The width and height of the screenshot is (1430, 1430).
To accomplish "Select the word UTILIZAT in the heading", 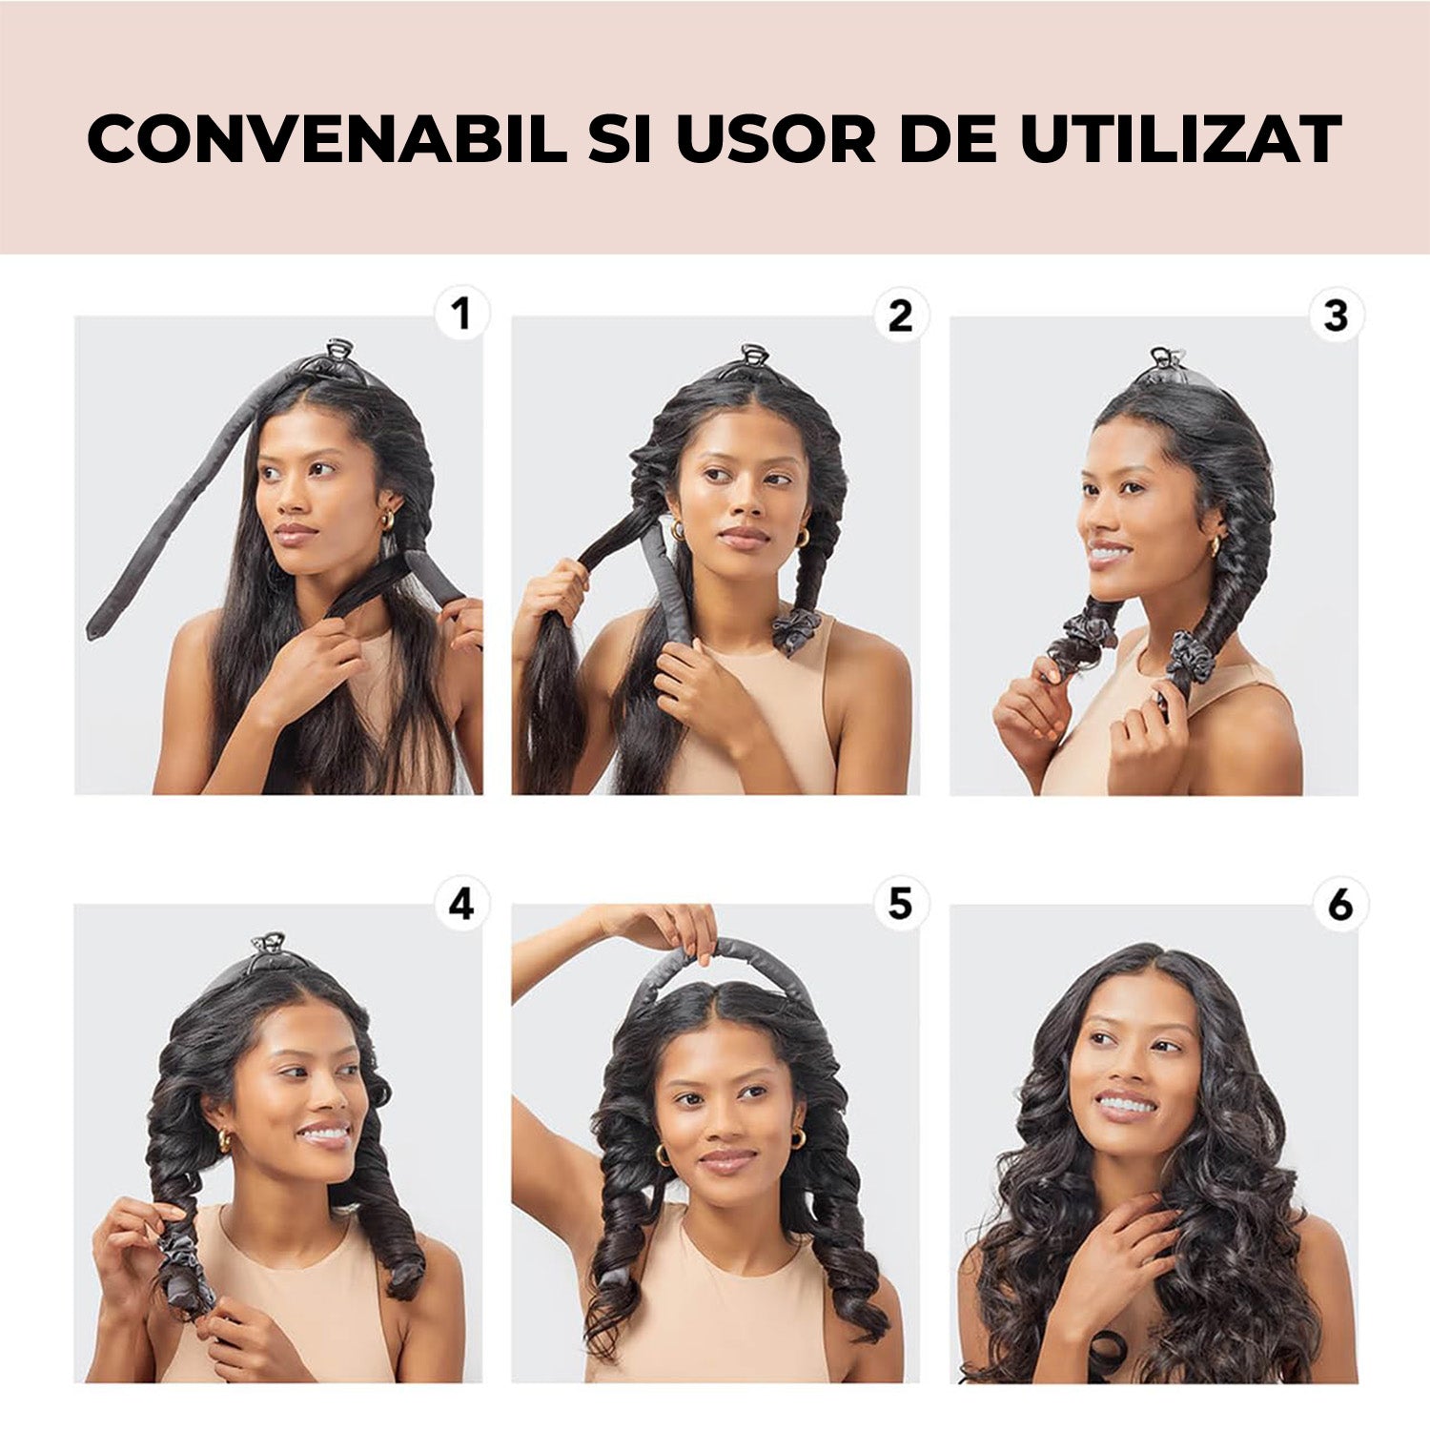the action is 1181,139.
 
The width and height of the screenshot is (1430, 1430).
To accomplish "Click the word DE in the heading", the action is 949,139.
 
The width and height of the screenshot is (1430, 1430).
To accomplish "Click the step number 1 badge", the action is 461,314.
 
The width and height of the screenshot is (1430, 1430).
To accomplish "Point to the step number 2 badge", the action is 900,315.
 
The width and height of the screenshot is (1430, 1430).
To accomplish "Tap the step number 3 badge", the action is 1337,315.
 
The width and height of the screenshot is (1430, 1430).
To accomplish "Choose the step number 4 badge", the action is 461,903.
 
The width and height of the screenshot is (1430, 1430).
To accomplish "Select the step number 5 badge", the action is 900,903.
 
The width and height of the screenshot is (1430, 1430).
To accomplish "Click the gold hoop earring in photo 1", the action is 387,521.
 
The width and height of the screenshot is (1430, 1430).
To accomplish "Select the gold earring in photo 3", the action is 1215,545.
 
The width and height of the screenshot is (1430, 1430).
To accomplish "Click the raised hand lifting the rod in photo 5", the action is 667,923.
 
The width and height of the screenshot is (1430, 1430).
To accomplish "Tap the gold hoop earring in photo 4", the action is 225,1139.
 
